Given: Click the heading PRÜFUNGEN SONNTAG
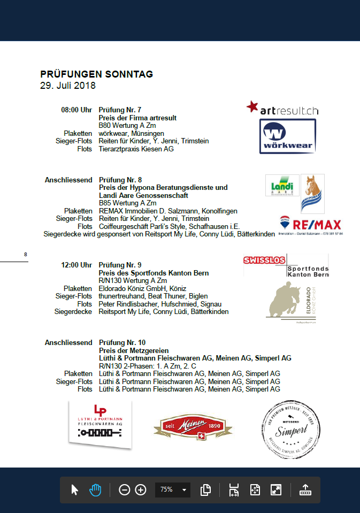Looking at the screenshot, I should tap(96, 74).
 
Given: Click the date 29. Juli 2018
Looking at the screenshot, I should tap(67, 85).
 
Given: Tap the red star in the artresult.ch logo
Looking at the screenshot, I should tap(252, 106).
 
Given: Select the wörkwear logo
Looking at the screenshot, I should tap(287, 136).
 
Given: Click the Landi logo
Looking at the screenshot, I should tap(282, 185).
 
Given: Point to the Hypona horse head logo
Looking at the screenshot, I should tap(312, 193).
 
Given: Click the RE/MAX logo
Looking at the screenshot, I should tap(311, 225).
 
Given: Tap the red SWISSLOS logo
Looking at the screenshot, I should tap(264, 261).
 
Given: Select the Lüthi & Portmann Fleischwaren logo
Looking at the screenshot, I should tap(100, 423).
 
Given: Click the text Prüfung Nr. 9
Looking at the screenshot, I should tap(120, 265).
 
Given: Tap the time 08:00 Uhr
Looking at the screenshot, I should tap(76, 110).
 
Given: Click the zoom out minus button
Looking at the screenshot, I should tap(124, 489).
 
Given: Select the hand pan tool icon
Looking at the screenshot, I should tap(95, 489).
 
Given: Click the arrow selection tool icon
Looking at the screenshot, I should tap(74, 489).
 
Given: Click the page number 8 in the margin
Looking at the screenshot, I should tap(26, 254).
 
